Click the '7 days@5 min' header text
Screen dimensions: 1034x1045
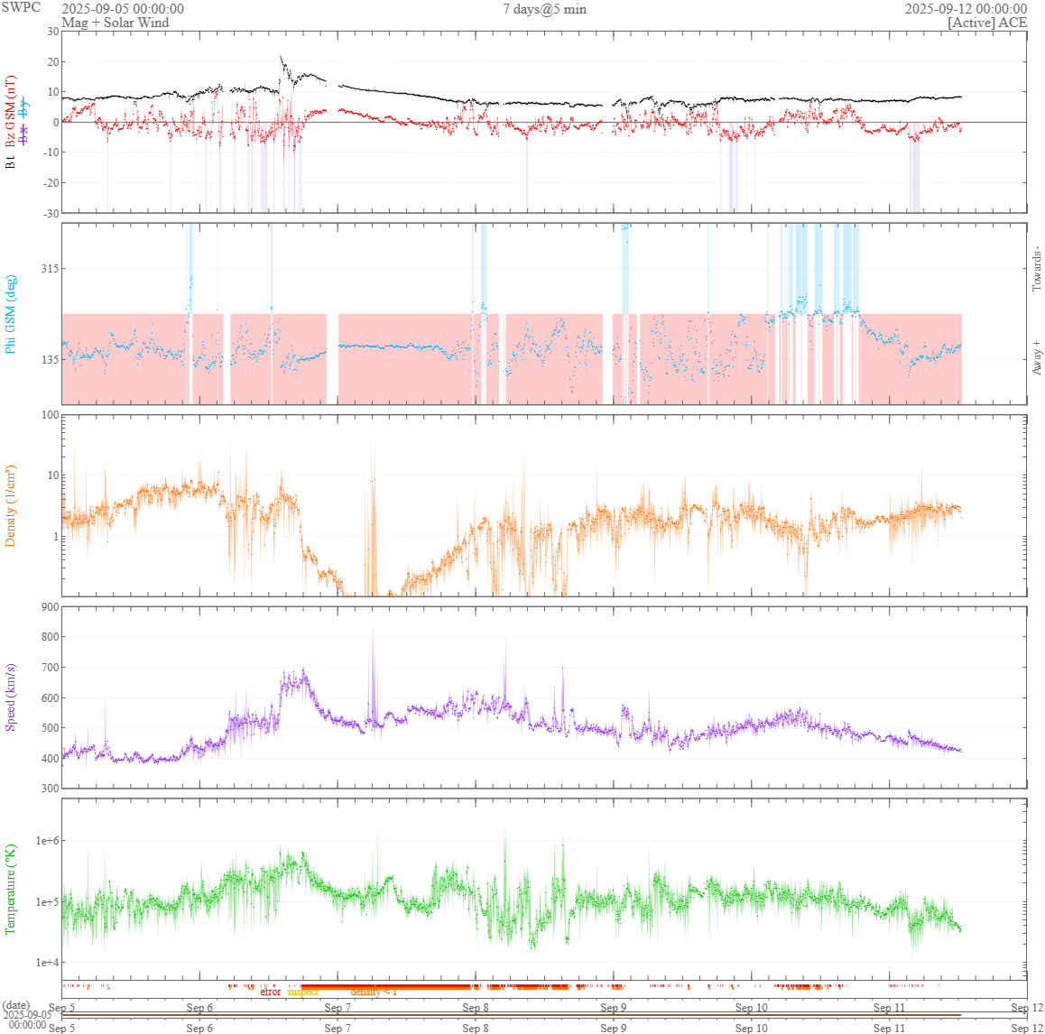(x=544, y=9)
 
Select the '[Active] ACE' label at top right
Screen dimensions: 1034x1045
(x=987, y=23)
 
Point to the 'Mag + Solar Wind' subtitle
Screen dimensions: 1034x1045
(x=115, y=23)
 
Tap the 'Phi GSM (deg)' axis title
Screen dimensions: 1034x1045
(x=12, y=313)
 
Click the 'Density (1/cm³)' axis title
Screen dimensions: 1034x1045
(x=12, y=505)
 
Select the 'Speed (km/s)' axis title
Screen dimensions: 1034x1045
(x=12, y=697)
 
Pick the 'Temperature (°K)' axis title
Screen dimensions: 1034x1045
(x=12, y=889)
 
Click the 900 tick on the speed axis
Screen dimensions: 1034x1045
(x=49, y=607)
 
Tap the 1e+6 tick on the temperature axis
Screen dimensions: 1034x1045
(x=47, y=841)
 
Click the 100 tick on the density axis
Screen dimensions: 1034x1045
(x=49, y=416)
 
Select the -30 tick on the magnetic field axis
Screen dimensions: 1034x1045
(x=49, y=213)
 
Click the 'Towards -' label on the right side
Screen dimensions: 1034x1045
(x=1037, y=268)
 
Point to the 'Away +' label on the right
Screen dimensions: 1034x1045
(x=1037, y=357)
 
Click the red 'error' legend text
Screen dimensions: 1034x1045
(x=270, y=992)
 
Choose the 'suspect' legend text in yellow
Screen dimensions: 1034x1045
(x=303, y=992)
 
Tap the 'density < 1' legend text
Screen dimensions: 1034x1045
(x=373, y=992)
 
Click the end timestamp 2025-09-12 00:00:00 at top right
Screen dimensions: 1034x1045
(x=966, y=9)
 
